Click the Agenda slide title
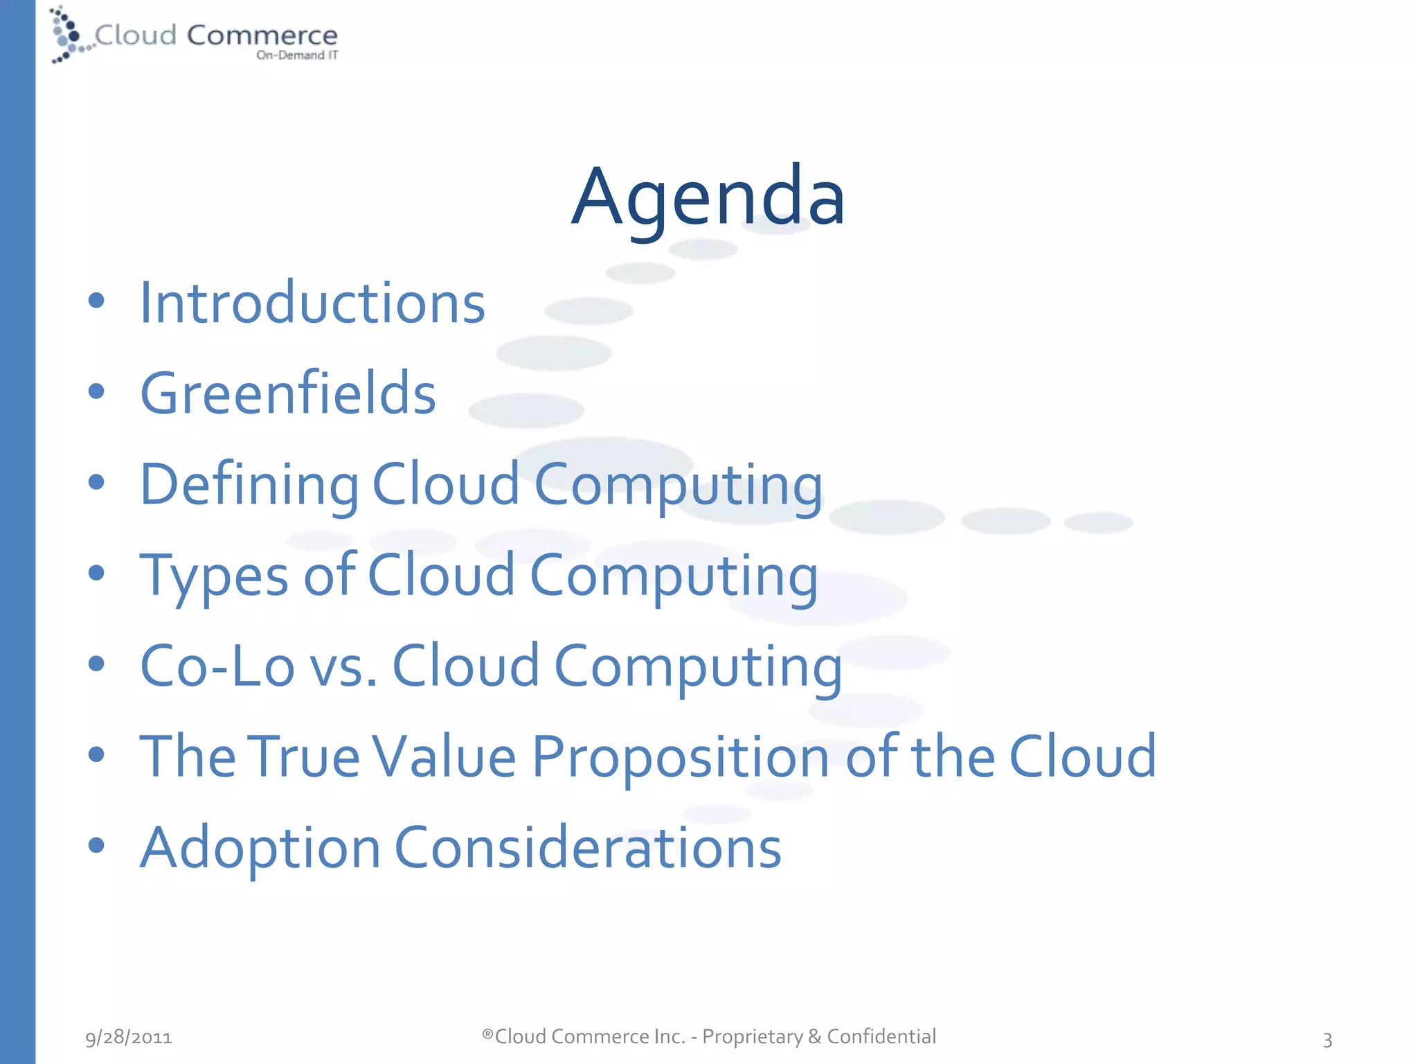[708, 197]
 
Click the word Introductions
[312, 303]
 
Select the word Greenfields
[288, 393]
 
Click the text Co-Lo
[217, 666]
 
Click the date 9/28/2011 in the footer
[129, 1037]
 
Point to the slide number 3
[1327, 1039]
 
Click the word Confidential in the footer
[881, 1036]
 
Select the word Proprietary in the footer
[753, 1037]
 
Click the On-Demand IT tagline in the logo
[297, 55]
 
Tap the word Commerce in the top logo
[262, 35]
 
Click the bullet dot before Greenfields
[96, 392]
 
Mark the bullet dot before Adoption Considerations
[96, 845]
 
